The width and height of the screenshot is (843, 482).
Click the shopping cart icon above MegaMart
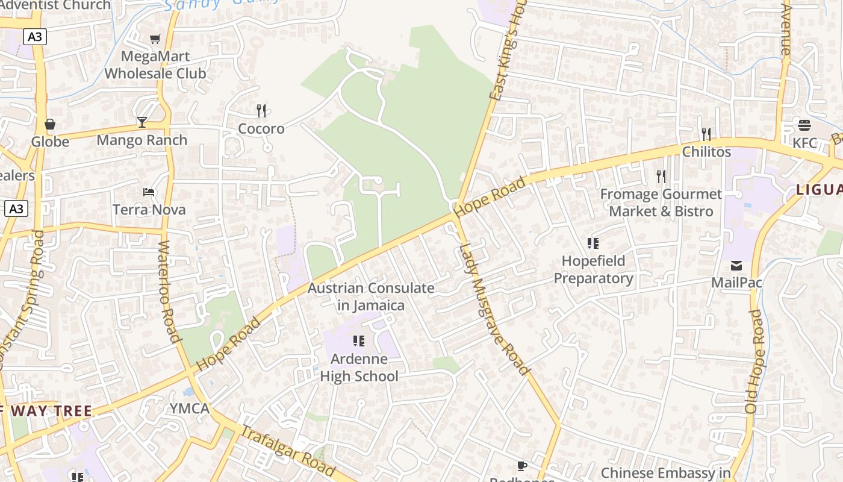(x=155, y=39)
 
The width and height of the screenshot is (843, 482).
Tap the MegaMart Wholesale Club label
(x=155, y=65)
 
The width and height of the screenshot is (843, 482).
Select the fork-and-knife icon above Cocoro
(x=261, y=111)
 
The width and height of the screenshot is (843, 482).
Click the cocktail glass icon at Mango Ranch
(x=142, y=122)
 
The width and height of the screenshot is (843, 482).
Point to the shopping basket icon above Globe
(x=50, y=125)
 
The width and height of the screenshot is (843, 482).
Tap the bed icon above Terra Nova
(x=149, y=192)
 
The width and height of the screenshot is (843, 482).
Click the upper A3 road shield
(x=35, y=37)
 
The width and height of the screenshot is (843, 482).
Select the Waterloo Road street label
(x=169, y=292)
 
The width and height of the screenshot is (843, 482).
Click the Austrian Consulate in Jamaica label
(x=371, y=296)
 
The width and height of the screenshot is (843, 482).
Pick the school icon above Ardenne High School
(x=359, y=341)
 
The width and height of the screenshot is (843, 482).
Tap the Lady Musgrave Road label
(x=494, y=308)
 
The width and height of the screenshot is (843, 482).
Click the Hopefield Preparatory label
(x=593, y=269)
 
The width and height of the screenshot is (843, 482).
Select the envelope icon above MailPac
(x=736, y=266)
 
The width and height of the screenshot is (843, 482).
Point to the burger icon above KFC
(x=804, y=125)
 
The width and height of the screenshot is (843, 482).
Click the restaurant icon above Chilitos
(x=706, y=134)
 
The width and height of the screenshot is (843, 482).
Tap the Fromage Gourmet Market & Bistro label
(x=661, y=202)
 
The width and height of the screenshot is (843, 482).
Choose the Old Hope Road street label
(x=754, y=361)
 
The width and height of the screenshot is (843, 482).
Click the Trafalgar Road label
(x=288, y=450)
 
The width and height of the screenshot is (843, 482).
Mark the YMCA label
(x=189, y=408)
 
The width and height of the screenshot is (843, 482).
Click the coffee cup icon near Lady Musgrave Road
(x=522, y=466)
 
